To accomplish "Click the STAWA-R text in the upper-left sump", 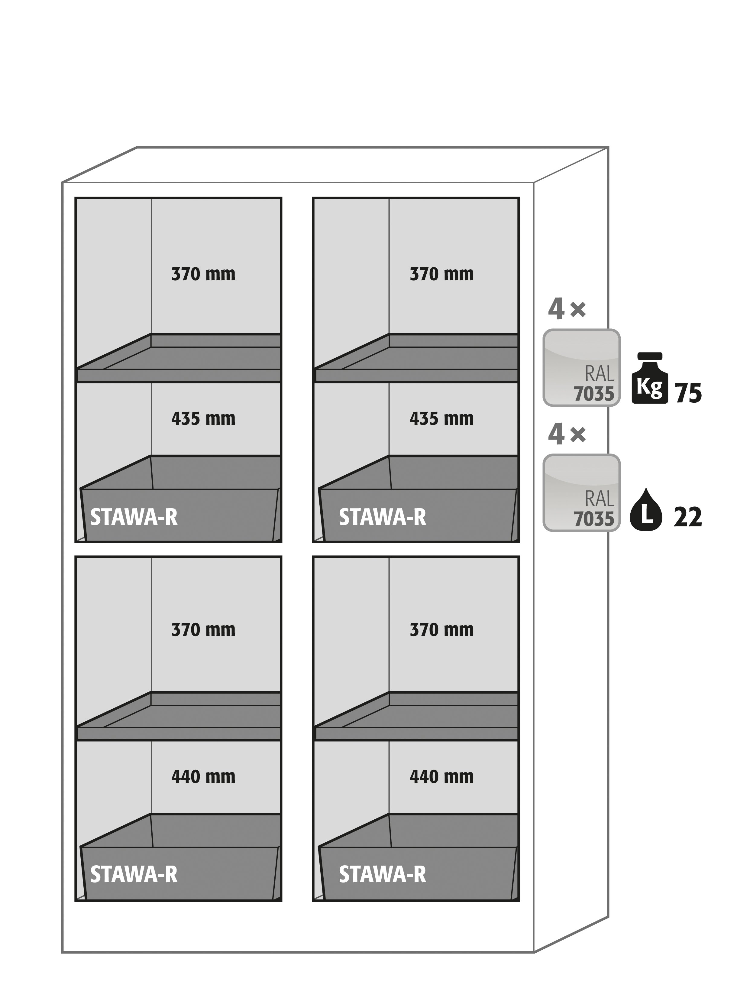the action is tap(134, 517).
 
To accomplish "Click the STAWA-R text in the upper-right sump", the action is tap(382, 517).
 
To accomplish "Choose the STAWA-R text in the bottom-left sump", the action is tap(134, 874).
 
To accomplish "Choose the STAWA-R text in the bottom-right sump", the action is tap(382, 874).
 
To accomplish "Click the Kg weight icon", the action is tap(650, 378).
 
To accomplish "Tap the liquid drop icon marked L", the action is tap(646, 509).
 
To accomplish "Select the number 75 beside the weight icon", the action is tap(688, 393).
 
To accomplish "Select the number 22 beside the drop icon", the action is tap(687, 517).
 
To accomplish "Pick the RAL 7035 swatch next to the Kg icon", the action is tap(581, 368).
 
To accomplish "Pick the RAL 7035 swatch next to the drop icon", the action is tap(581, 493).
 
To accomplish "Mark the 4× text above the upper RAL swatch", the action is tap(567, 309).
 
